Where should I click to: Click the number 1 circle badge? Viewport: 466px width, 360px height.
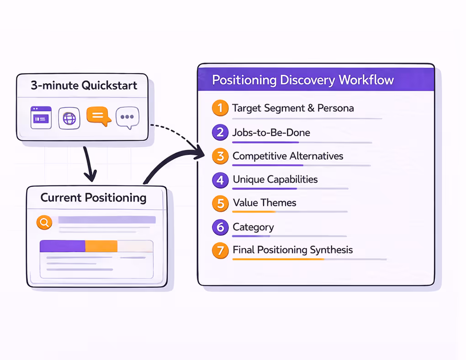click(x=220, y=108)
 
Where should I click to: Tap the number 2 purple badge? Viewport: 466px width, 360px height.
click(x=220, y=132)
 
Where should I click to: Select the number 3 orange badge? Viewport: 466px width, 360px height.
click(x=220, y=156)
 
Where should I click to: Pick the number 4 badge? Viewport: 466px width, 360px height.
click(x=220, y=180)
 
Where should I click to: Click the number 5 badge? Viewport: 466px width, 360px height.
click(x=220, y=203)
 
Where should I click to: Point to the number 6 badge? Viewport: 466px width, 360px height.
click(x=220, y=227)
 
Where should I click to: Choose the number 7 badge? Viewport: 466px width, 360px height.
click(x=220, y=250)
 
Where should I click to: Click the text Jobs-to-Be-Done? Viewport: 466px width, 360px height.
click(x=271, y=132)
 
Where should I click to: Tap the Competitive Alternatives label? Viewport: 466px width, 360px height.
click(x=288, y=156)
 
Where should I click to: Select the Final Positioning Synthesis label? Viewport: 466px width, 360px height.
click(x=292, y=250)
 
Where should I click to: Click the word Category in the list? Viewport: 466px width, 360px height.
click(x=253, y=227)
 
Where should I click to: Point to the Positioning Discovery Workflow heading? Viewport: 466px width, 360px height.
click(x=303, y=80)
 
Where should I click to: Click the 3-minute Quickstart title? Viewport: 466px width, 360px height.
click(x=84, y=85)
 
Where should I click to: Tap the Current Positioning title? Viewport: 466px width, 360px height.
click(x=94, y=198)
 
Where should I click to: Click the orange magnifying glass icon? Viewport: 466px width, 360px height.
click(x=44, y=222)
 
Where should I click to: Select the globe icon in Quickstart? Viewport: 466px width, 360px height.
click(x=69, y=118)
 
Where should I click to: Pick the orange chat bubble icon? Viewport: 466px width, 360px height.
click(x=98, y=116)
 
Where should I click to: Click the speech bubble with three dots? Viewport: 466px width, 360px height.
click(x=127, y=118)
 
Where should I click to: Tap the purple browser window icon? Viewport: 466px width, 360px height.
click(x=41, y=118)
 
